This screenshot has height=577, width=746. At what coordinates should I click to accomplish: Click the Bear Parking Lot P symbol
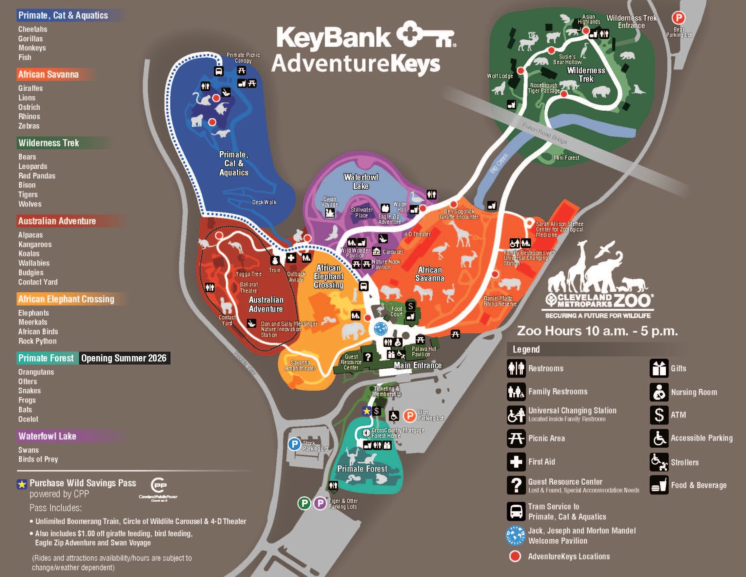click(x=679, y=18)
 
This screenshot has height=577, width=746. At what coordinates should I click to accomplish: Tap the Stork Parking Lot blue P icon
click(x=294, y=444)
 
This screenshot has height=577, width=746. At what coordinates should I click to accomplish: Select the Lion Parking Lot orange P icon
click(x=410, y=416)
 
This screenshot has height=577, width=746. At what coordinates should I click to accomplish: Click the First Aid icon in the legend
click(x=516, y=462)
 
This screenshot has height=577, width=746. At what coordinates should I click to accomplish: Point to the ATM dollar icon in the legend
click(x=659, y=415)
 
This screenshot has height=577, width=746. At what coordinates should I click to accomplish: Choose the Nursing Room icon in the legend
click(x=659, y=392)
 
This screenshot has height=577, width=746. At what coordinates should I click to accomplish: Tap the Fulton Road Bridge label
click(x=545, y=133)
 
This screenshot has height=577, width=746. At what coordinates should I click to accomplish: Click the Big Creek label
click(x=499, y=163)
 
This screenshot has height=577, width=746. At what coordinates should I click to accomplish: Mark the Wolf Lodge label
click(x=500, y=76)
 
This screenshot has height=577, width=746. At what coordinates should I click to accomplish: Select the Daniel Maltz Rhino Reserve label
click(x=500, y=301)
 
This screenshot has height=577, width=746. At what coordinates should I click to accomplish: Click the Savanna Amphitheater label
click(x=300, y=366)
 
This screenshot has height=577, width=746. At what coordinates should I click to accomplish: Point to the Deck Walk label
click(x=264, y=202)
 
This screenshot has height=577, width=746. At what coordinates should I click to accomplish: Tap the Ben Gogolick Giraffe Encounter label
click(x=459, y=214)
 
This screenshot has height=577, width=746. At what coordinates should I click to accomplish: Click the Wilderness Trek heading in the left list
click(x=49, y=143)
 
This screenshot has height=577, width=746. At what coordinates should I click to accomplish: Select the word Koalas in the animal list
click(x=29, y=254)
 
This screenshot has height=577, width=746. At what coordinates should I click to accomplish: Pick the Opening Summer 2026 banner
click(x=124, y=358)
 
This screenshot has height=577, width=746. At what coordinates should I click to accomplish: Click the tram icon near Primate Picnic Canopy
click(x=219, y=71)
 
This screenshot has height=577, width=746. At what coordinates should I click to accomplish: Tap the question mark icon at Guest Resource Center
click(x=368, y=357)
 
